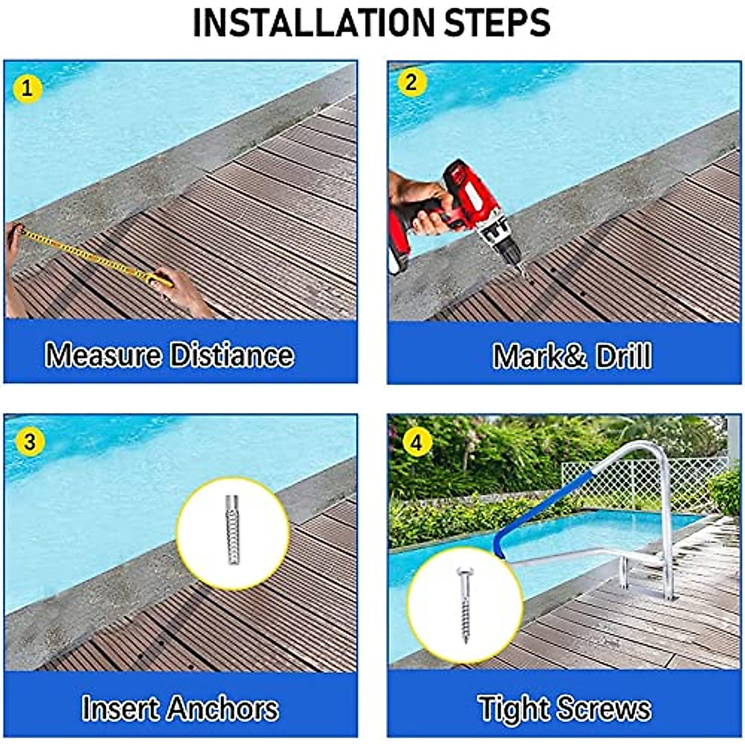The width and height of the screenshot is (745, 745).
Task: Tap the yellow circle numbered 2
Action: point(411,83)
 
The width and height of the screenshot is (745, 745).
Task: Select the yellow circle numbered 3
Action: point(29,442)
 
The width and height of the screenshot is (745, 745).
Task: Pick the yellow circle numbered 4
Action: point(417,443)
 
